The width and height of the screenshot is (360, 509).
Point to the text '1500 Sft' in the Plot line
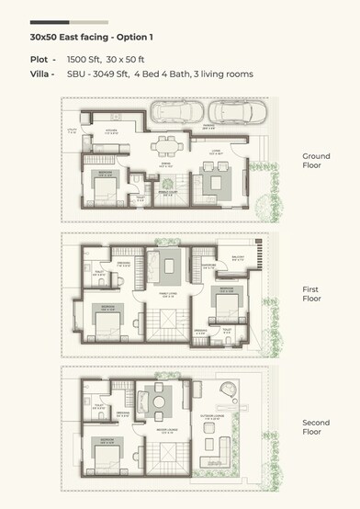pos(84,59)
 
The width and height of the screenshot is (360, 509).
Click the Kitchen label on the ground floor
pos(111,130)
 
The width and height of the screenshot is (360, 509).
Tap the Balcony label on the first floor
pos(237,259)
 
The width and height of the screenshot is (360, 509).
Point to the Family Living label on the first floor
pos(165,295)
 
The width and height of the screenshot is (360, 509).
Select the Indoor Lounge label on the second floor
pos(163,429)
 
